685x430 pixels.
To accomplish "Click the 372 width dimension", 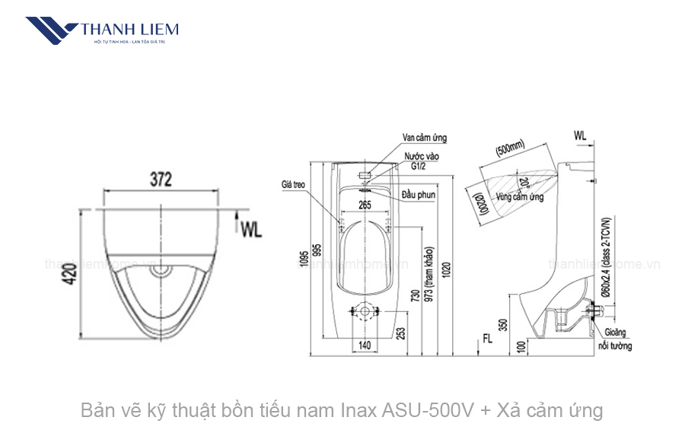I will tap(160, 180).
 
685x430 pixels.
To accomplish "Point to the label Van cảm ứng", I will tap(425, 138).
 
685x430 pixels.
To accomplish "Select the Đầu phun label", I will tap(419, 196).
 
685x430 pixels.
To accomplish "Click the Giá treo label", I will tap(293, 184).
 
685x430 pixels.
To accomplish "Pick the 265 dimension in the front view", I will tap(365, 204).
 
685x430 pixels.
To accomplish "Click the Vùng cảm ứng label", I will tap(520, 197).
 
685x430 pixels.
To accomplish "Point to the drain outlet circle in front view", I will tap(366, 311).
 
